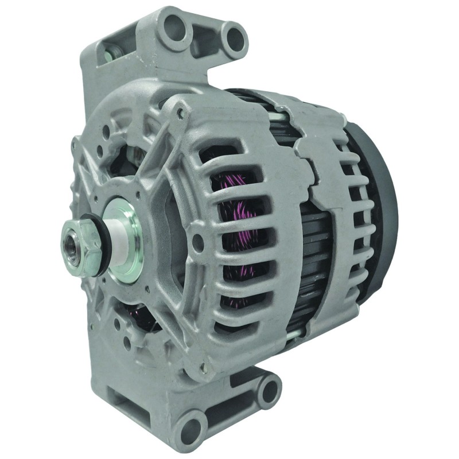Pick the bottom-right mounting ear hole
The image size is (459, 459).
pos(267,390)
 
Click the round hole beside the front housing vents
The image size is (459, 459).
pos(199,244)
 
